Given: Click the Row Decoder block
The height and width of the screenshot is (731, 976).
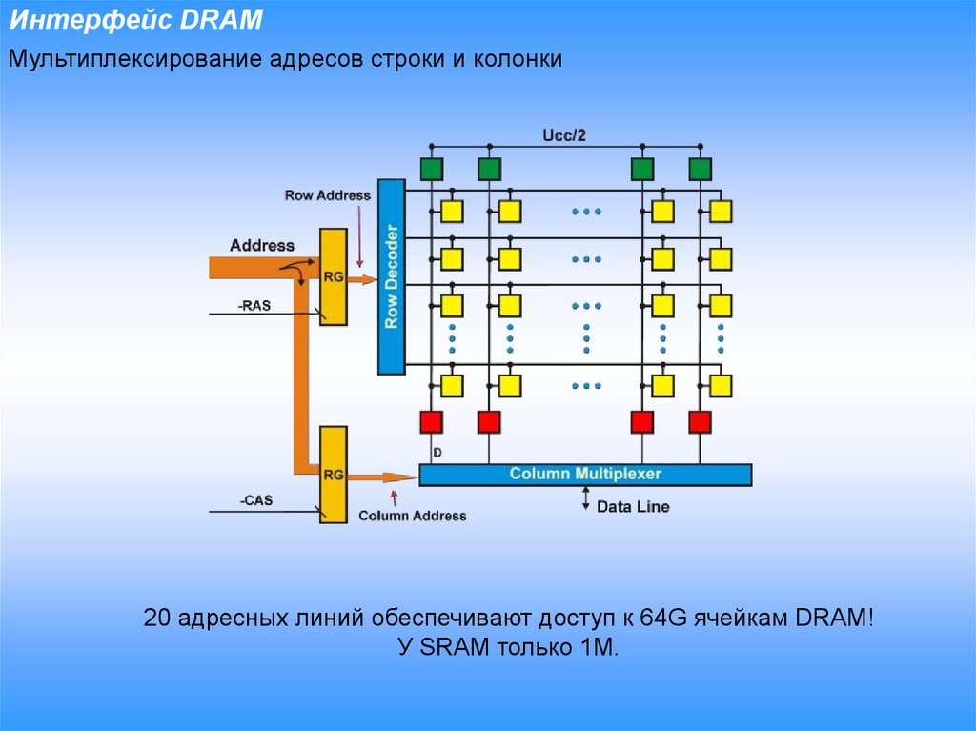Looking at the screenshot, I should coord(391,276).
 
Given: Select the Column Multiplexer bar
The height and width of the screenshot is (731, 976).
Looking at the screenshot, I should coord(585,474).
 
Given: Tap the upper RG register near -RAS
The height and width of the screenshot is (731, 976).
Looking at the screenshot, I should coord(333,276).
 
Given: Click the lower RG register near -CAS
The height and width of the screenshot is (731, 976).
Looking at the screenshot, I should coord(333,474).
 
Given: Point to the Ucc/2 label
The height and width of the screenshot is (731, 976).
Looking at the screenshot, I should coord(564,135).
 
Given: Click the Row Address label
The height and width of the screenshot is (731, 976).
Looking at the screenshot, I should coord(327,195).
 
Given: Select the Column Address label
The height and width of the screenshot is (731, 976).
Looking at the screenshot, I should coord(412,516).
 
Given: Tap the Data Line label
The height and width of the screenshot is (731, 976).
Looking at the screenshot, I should coord(633,507).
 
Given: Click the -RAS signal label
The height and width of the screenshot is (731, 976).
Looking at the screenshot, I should coord(254,305).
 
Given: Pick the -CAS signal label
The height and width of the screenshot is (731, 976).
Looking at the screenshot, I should coord(254,499).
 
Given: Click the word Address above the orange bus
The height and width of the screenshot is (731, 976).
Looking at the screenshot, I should coord(262,245).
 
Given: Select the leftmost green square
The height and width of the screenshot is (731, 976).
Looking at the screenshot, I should coord(432,170).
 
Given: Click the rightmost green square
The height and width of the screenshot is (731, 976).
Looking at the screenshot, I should coord(700,170).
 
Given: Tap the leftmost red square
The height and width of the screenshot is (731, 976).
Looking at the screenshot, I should coord(432,421).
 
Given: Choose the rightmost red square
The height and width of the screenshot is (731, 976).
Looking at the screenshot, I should coord(700,421).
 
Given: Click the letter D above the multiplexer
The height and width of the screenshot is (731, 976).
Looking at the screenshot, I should coord(437,452).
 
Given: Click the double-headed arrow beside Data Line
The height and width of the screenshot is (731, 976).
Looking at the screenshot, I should coord(586,498).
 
